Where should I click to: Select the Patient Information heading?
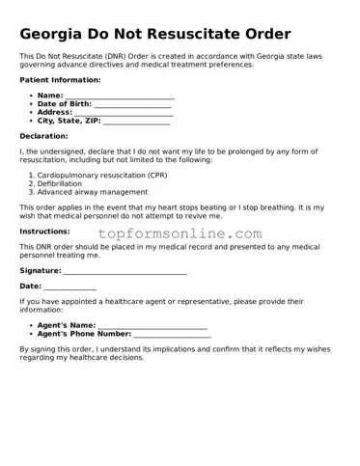[x=60, y=79]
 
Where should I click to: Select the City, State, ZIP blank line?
[x=135, y=123]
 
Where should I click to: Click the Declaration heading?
[x=43, y=136]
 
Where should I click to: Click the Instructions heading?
[x=44, y=232]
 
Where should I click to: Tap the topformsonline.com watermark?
[x=179, y=233]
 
